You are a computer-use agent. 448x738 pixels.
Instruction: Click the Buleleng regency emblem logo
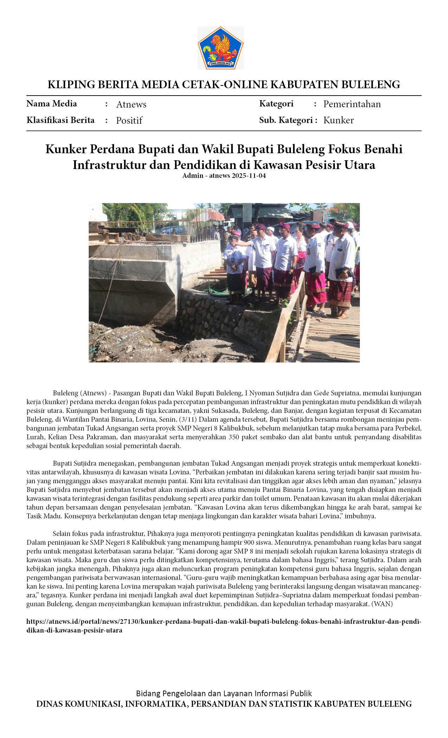coord(220,48)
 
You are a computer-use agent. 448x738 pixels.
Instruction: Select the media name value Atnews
coord(131,104)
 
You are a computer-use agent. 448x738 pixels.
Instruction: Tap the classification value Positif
coord(129,121)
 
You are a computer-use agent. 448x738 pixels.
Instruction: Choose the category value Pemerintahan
coord(352,104)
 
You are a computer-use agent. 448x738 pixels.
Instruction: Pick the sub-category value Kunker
coord(338,120)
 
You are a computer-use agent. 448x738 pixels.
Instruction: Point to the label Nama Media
coord(52,104)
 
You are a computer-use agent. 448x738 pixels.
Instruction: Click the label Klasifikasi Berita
coord(60,120)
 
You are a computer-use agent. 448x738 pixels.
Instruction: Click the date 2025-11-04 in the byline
coord(248,175)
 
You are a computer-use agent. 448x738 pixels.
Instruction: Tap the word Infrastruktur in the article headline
coord(110,164)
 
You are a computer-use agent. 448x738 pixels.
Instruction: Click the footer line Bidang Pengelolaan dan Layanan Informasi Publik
coord(224,693)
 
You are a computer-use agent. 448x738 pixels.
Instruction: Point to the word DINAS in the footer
coord(49,704)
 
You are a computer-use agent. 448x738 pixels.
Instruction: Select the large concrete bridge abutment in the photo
coord(134,281)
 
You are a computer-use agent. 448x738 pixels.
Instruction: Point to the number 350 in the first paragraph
coord(234,437)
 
